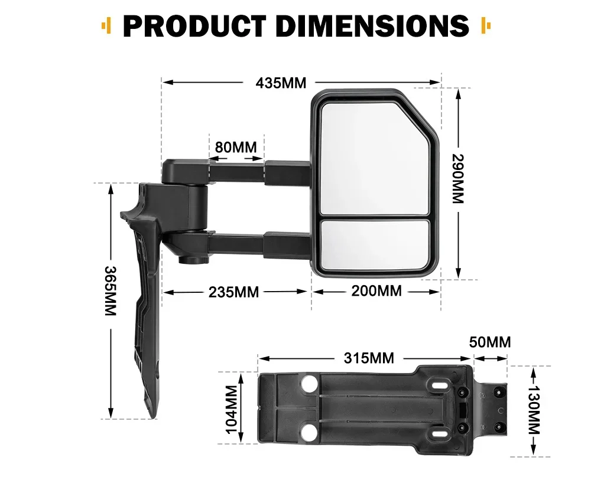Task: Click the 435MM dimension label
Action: click(281, 83)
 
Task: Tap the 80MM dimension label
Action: click(235, 146)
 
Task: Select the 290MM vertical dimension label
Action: click(458, 178)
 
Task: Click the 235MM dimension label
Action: click(233, 292)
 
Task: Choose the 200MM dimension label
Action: click(376, 291)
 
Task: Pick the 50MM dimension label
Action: click(490, 342)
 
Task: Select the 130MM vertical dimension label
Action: click(534, 411)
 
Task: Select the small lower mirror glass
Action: click(375, 243)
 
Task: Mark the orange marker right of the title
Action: click(486, 25)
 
